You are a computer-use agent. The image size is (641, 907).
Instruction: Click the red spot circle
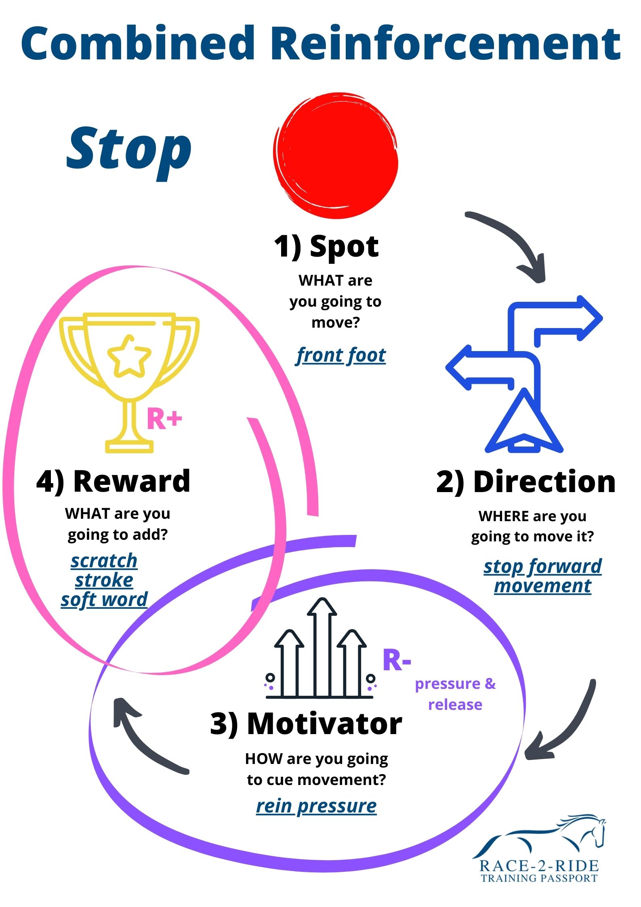point(336,156)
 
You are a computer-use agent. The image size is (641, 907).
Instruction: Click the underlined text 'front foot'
point(341,356)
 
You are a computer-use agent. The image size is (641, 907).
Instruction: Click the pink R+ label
point(164,419)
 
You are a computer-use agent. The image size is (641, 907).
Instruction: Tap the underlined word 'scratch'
point(104,561)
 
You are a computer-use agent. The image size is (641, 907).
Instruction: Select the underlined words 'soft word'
point(104,600)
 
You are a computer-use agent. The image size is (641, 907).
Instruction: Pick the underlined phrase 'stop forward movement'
point(542,576)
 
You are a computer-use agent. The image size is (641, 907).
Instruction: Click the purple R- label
point(397,661)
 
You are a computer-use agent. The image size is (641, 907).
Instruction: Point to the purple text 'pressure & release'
point(455,694)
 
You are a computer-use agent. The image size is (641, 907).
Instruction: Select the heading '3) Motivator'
point(306,724)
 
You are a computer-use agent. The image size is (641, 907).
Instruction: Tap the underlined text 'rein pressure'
point(317,806)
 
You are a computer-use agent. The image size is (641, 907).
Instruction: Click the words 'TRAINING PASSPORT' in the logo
point(539,878)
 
